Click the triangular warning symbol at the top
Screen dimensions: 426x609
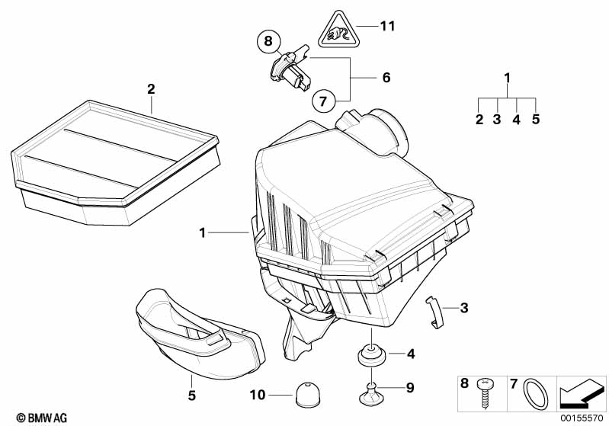[x=337, y=31]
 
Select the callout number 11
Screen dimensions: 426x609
[x=387, y=27]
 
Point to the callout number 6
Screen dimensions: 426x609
[x=385, y=78]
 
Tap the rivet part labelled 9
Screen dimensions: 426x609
[x=371, y=391]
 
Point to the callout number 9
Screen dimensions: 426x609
[x=409, y=387]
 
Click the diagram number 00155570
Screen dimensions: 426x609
[x=583, y=418]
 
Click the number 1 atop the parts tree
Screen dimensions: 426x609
[x=507, y=78]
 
